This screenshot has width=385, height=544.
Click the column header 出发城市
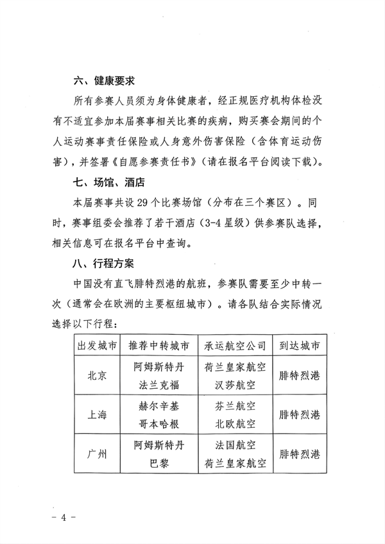pos(96,345)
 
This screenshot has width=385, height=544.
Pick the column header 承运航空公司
pos(235,345)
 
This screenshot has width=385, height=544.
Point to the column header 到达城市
pos(300,345)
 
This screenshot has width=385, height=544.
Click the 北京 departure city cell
pos(96,376)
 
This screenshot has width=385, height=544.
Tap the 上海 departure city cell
pos(96,415)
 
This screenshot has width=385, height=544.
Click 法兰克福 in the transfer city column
pos(158,385)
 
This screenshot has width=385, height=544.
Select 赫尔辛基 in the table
pos(158,406)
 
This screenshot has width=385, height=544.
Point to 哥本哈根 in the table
pos(158,424)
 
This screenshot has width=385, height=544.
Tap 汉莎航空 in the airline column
pos(235,385)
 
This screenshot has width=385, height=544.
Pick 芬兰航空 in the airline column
pos(235,406)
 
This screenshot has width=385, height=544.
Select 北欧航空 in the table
pos(235,424)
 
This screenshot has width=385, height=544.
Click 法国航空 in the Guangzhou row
pos(235,445)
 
